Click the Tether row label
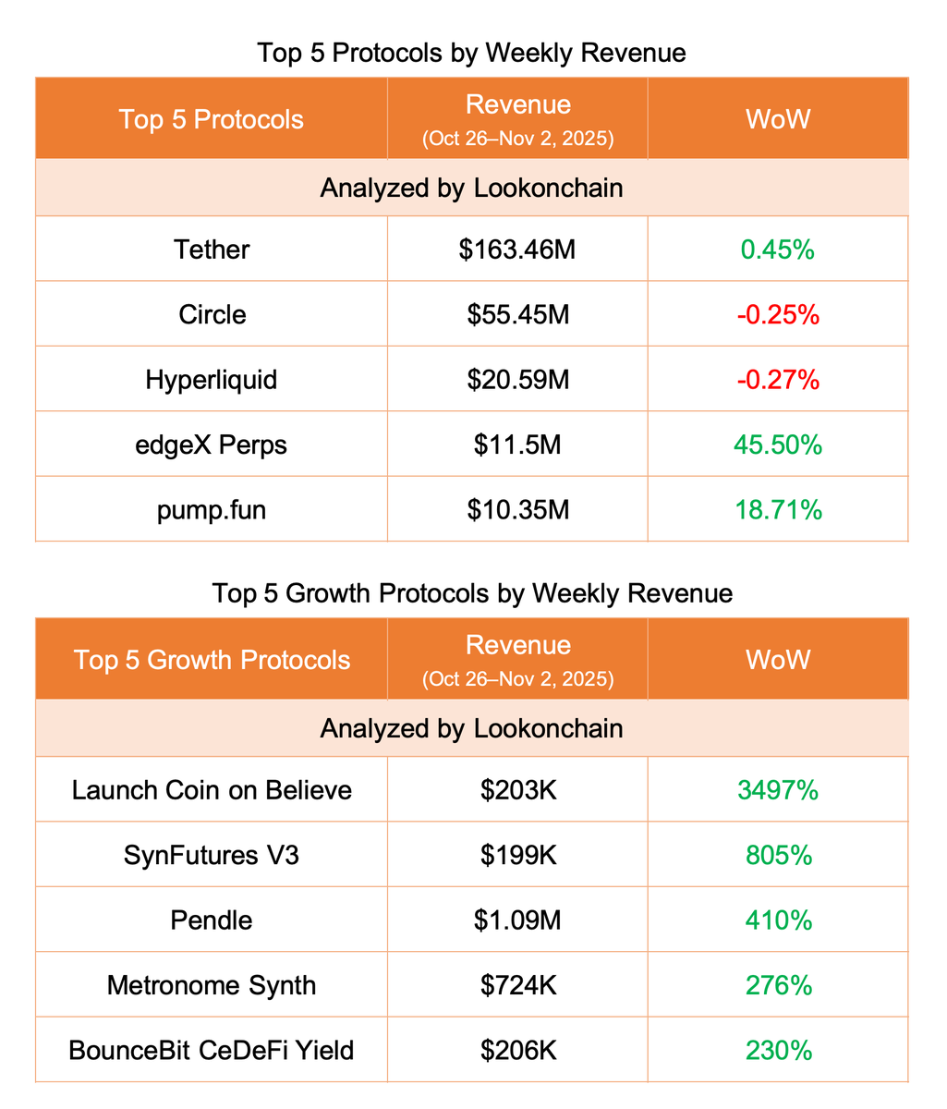tap(212, 250)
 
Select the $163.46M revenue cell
tap(517, 250)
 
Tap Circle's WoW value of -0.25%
tap(778, 314)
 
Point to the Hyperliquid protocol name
tap(212, 380)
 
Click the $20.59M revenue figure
tap(517, 380)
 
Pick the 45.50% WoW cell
tap(778, 445)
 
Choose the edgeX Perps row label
tap(212, 445)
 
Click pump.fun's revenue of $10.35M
tap(517, 509)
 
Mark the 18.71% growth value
tap(778, 509)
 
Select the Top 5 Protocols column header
tap(212, 119)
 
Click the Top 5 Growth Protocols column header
tap(212, 660)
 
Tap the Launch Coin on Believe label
tap(212, 790)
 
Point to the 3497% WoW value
tap(778, 790)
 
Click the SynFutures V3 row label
tap(212, 855)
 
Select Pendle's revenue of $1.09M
tap(517, 920)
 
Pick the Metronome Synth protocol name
tap(212, 985)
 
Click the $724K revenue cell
tap(517, 985)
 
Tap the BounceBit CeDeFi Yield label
tap(212, 1050)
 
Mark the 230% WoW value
tap(778, 1050)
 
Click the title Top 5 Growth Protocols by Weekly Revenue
tap(472, 592)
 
